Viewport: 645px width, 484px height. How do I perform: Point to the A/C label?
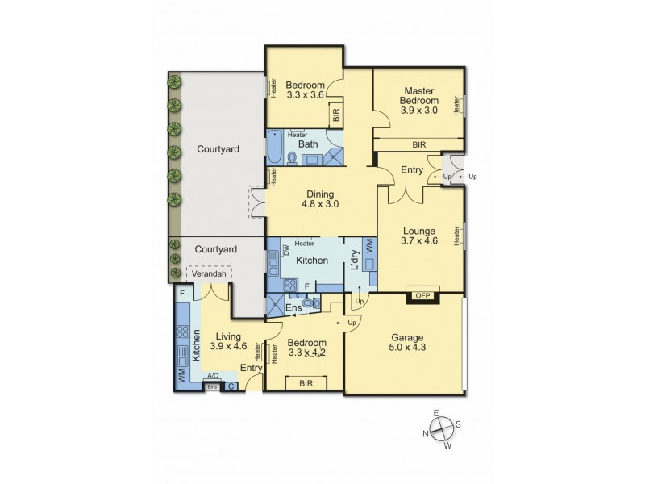click(x=213, y=376)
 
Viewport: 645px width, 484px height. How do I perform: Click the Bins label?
click(x=212, y=386)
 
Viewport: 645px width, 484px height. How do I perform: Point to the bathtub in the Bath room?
click(x=274, y=148)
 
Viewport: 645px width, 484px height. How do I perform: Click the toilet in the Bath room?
click(x=290, y=157)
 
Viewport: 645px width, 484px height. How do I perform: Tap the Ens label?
click(x=294, y=307)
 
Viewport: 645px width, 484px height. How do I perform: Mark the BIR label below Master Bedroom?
click(x=418, y=144)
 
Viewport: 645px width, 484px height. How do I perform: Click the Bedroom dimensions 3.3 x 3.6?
click(x=304, y=94)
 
